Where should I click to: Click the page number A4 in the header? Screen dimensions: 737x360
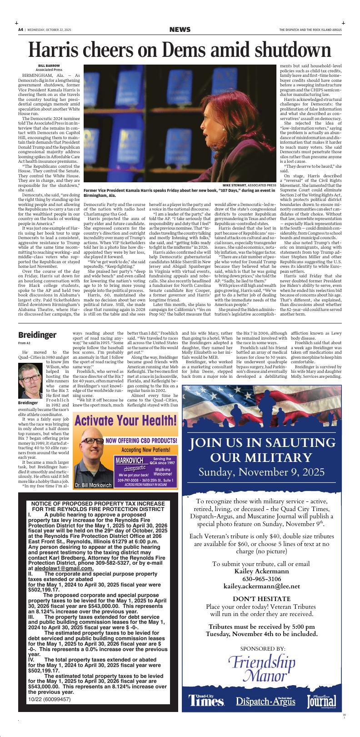[x=20, y=30]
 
